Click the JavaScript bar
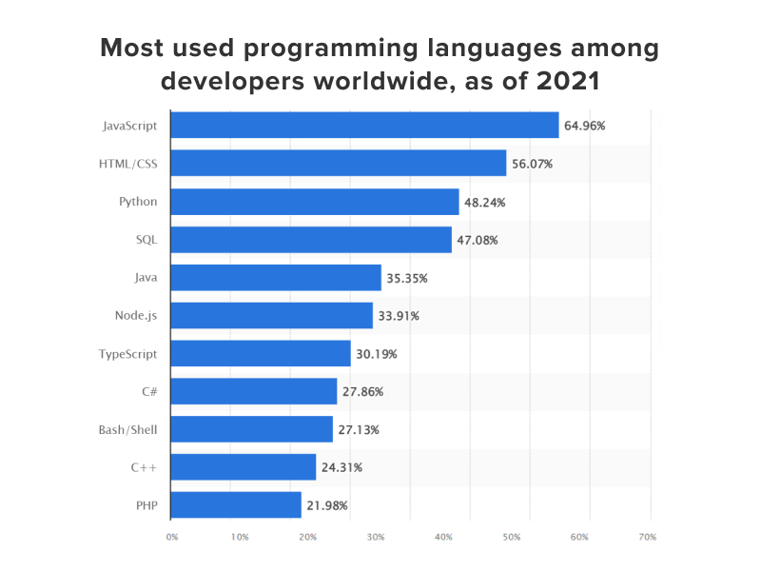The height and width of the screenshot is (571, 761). (x=364, y=125)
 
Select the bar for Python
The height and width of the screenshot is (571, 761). (x=314, y=201)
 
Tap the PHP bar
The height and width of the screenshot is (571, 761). (x=236, y=504)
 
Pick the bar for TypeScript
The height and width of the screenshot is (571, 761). (x=260, y=353)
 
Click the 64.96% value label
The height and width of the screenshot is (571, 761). (x=585, y=125)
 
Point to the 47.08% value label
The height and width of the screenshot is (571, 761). (x=478, y=240)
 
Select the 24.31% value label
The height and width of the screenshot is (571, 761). (x=341, y=467)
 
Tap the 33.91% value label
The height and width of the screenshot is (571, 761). (x=399, y=316)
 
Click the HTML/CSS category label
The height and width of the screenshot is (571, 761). (x=128, y=164)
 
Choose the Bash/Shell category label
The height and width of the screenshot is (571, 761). (x=127, y=429)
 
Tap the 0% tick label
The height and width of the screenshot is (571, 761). (x=172, y=538)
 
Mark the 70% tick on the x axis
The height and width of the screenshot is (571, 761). (x=649, y=538)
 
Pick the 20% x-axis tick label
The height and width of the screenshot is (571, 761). (x=308, y=538)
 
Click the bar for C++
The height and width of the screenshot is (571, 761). (x=243, y=466)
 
